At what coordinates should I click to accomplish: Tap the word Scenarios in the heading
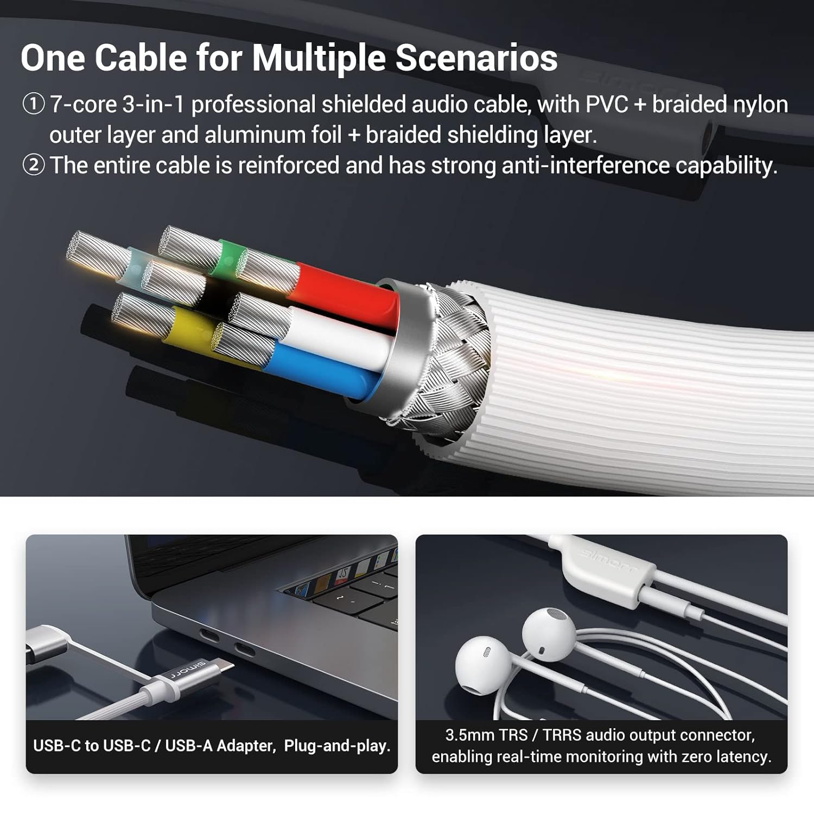476,57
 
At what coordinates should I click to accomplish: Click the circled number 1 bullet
33,104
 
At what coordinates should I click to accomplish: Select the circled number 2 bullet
33,165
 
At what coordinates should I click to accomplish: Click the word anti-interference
585,165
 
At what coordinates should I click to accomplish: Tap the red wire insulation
347,296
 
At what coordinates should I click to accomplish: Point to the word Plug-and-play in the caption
337,746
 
